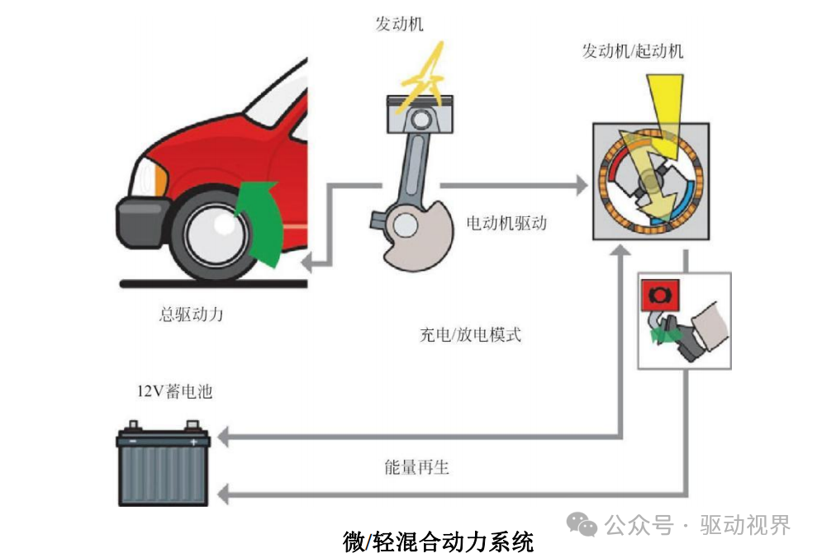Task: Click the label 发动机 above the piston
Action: (399, 24)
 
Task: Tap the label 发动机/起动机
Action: (633, 51)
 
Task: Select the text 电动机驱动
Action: (506, 223)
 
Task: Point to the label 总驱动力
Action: (191, 314)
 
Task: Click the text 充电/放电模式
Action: (470, 335)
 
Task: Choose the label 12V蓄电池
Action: (174, 391)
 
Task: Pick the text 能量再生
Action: (416, 467)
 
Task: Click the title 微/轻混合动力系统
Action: (438, 541)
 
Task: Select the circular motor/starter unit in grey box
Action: (649, 182)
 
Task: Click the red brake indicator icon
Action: (659, 293)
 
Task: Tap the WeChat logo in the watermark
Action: (582, 524)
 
